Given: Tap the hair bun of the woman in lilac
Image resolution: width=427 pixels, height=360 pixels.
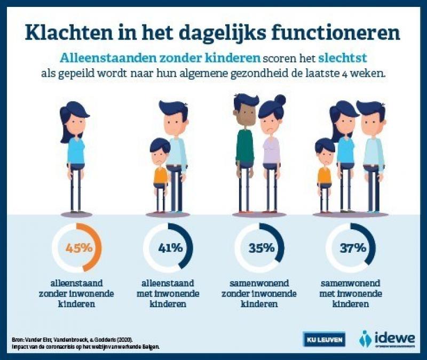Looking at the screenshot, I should pos(280,100).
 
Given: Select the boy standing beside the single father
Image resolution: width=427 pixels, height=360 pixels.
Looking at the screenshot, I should pos(159,171).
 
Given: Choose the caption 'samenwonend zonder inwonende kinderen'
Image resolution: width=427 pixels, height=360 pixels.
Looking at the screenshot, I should pos(259,293).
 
